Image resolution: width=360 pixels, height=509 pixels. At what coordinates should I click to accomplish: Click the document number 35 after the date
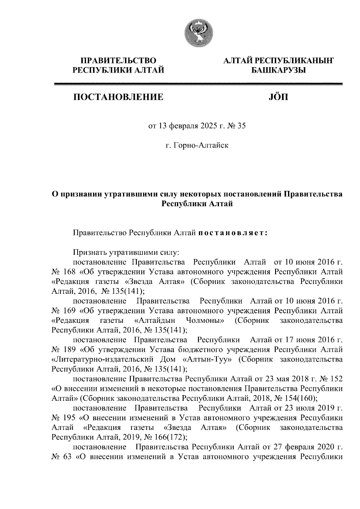click(x=242, y=126)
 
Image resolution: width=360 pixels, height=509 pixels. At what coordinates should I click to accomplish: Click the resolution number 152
click(x=336, y=379)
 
